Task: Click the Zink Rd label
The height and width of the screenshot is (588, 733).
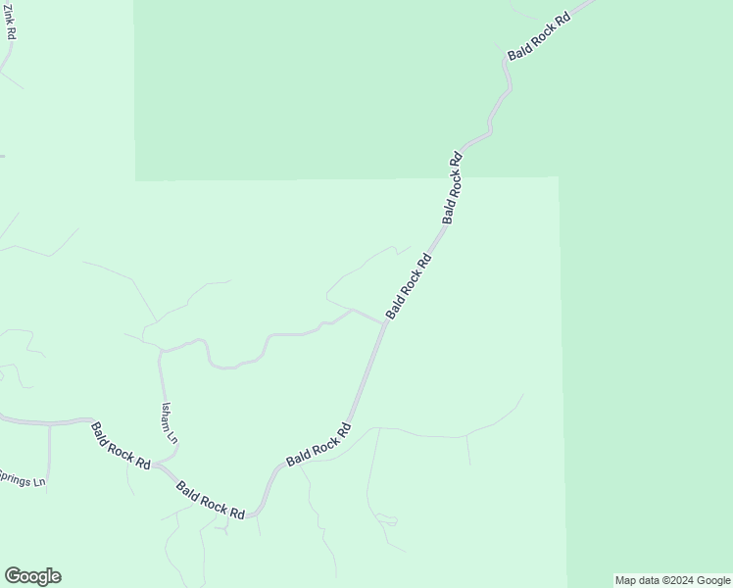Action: point(11,23)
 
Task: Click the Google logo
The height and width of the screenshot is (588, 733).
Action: point(32,576)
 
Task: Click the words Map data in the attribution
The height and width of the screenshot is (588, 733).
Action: point(638,580)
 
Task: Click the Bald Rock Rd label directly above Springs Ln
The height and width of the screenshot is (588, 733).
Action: point(121,446)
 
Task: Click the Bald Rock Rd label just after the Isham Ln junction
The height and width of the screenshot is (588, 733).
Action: point(211,499)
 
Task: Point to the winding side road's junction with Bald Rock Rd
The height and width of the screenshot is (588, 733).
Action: point(384,321)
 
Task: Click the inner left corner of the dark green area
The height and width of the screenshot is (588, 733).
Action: point(135,180)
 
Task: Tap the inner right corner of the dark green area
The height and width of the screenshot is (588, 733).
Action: point(559,177)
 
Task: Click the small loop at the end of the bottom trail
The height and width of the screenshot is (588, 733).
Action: point(387,519)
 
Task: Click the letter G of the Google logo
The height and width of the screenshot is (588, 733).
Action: point(12,576)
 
